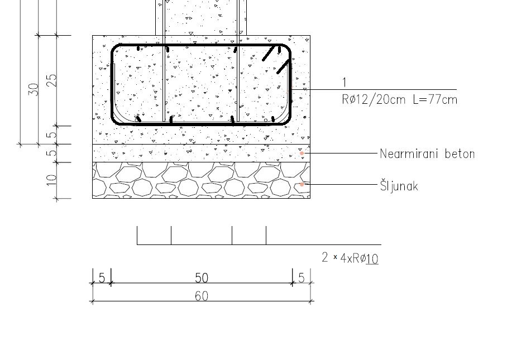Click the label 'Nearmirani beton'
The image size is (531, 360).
[x=427, y=153]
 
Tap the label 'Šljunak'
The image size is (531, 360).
[x=399, y=186]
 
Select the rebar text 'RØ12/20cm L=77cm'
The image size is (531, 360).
[x=400, y=99]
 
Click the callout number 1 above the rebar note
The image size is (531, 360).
[x=345, y=82]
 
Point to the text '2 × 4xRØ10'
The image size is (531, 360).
[x=350, y=258]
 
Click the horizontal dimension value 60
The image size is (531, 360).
[x=202, y=296]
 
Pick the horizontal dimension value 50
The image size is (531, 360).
[x=202, y=278]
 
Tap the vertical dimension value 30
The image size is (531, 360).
[x=34, y=89]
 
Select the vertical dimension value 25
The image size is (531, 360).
[x=51, y=80]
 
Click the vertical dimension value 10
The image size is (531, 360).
[x=51, y=180]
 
